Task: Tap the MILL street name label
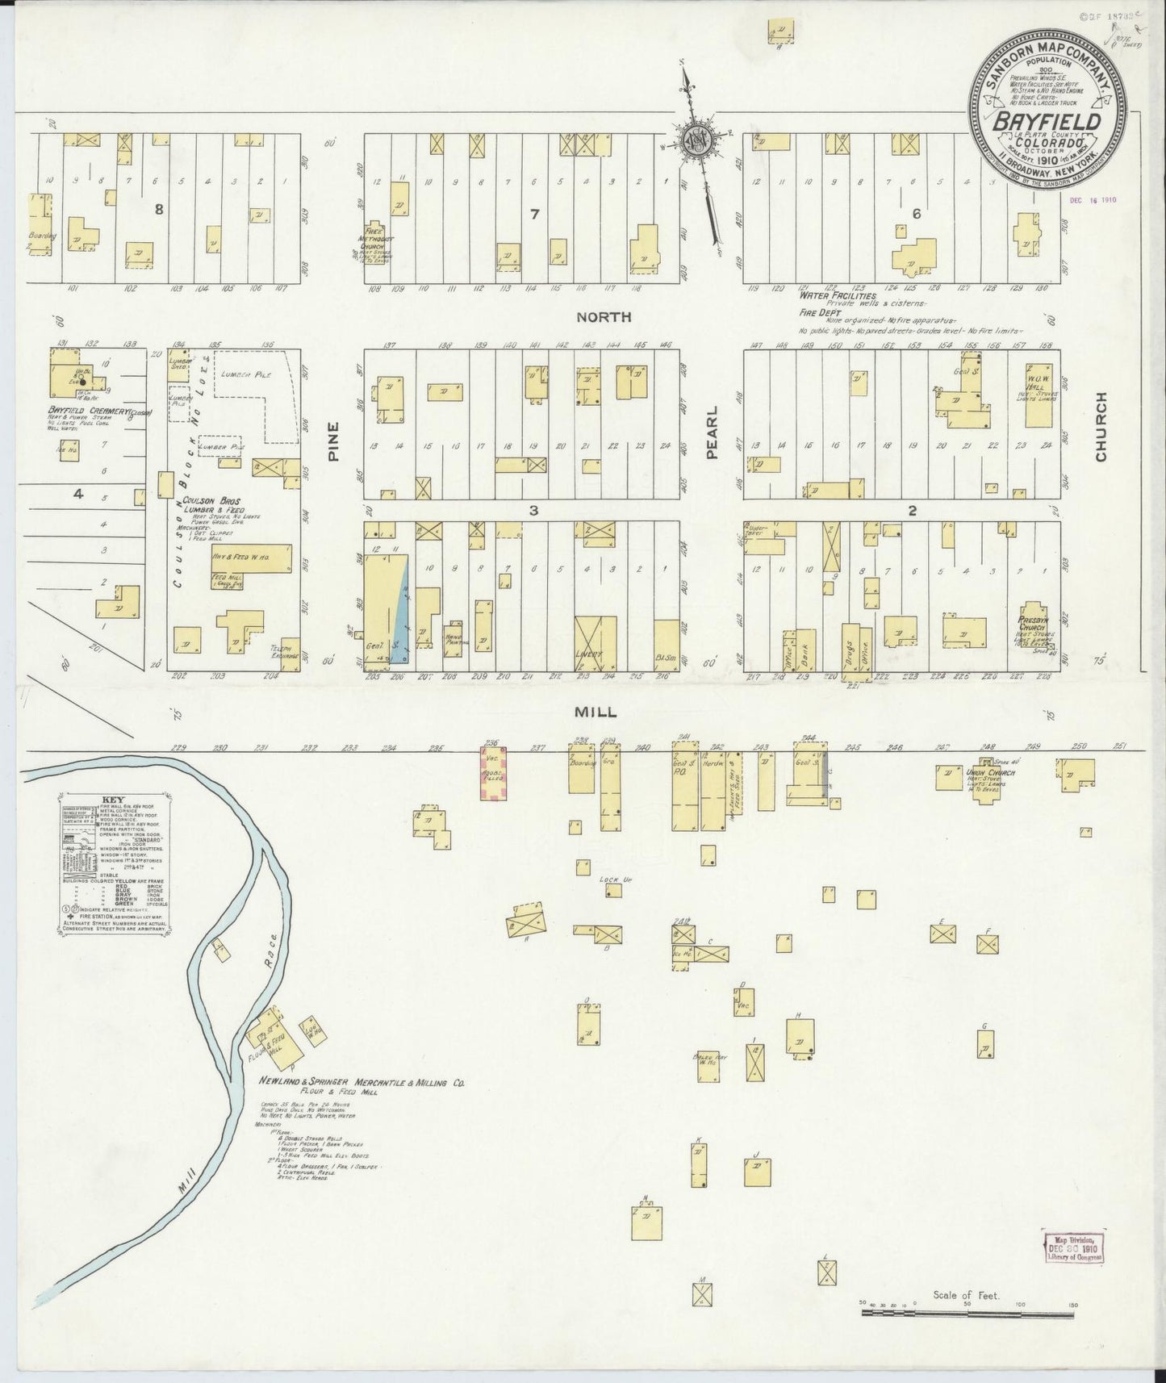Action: [x=596, y=712]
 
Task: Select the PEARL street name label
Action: [x=712, y=444]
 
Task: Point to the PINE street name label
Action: [x=333, y=441]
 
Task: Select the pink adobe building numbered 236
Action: [x=492, y=774]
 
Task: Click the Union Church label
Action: [x=990, y=773]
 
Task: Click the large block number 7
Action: [x=533, y=213]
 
